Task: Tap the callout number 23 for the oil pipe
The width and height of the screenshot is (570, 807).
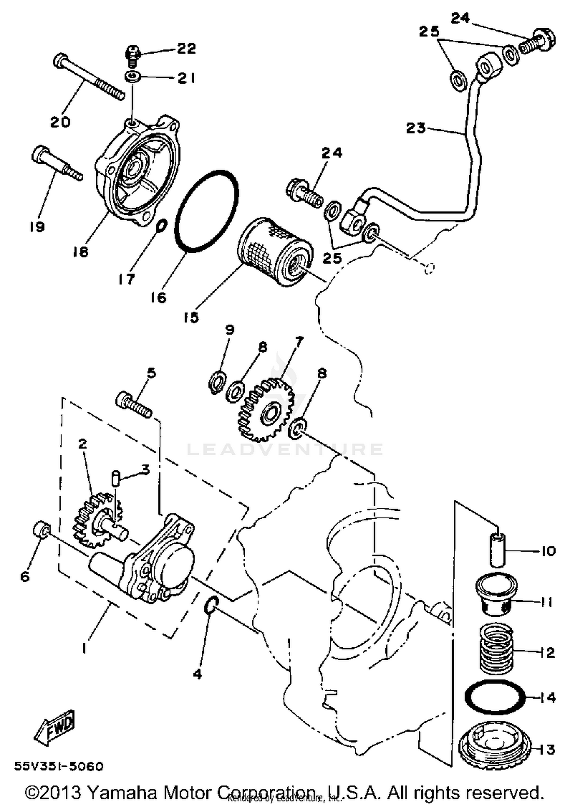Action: (x=416, y=128)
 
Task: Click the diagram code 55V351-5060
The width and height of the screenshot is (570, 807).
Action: (x=59, y=766)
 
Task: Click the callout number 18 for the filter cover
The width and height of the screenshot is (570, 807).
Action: (x=81, y=251)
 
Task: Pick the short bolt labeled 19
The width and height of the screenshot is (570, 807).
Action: (x=55, y=163)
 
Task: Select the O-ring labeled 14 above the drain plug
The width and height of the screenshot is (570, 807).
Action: (x=495, y=697)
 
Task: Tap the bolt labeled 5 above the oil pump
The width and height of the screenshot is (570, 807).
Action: (x=134, y=406)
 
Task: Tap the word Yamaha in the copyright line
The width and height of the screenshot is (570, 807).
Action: (x=122, y=793)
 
